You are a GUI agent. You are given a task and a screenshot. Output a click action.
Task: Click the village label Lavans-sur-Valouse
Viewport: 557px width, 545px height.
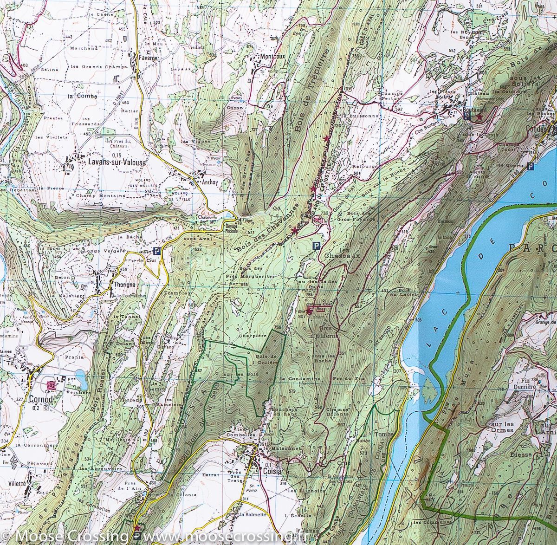[116, 162]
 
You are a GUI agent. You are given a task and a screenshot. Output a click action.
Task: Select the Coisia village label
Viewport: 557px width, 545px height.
[272, 471]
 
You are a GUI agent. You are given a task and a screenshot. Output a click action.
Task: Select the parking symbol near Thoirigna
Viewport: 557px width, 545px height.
[157, 251]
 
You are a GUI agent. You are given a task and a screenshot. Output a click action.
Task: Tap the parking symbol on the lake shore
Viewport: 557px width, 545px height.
[531, 167]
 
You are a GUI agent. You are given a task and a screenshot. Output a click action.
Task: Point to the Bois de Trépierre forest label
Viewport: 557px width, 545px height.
[312, 88]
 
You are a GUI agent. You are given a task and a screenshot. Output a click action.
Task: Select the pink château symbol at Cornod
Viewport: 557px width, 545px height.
[51, 385]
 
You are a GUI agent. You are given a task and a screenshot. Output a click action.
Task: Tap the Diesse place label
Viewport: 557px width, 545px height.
[520, 454]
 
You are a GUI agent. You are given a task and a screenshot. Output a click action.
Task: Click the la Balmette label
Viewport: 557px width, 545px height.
[253, 514]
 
